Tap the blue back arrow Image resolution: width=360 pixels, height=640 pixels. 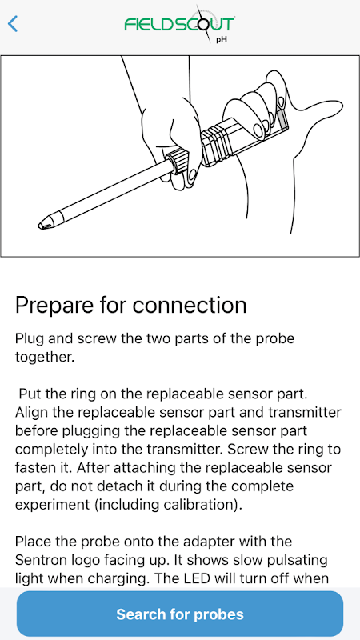13,24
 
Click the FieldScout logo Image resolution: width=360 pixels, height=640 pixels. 179,24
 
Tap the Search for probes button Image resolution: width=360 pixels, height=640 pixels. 180,614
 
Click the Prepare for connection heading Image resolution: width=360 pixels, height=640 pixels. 130,306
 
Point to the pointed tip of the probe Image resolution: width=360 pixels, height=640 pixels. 39,225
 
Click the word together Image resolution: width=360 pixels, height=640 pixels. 45,358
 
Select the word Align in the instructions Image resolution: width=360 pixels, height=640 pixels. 31,413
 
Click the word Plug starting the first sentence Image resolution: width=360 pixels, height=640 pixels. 30,339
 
